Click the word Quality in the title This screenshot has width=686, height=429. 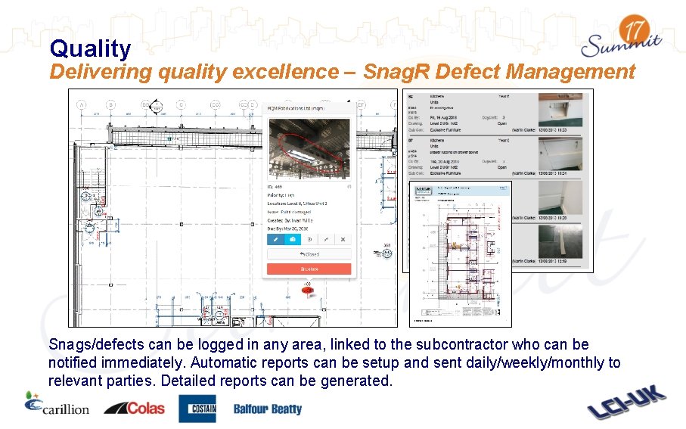click(90, 49)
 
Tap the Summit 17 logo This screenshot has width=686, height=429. click(622, 39)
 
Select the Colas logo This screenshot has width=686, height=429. click(134, 408)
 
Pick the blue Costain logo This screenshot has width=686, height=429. click(197, 409)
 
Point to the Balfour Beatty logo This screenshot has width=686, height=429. click(267, 409)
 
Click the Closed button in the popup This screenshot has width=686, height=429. click(309, 254)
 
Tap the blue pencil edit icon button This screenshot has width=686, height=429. click(276, 239)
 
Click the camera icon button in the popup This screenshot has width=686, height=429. click(293, 239)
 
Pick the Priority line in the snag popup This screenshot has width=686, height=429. click(284, 194)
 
